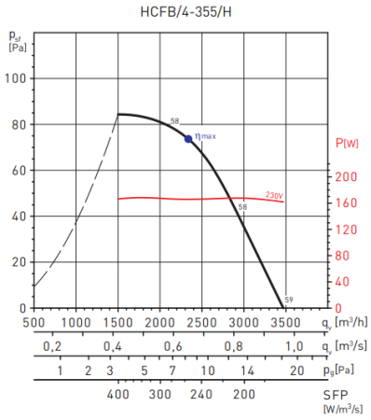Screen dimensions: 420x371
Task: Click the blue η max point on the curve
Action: point(188,139)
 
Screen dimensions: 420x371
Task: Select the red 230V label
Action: point(274,195)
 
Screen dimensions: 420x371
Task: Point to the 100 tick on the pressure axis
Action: point(16,78)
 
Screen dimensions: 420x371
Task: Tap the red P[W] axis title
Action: point(347,143)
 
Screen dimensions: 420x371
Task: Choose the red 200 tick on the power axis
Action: point(346,177)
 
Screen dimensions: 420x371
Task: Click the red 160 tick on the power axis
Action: point(346,203)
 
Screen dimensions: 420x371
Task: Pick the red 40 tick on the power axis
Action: point(344,282)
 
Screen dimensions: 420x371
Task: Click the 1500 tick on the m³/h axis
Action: point(117,322)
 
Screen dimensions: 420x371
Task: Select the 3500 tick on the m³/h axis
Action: point(284,322)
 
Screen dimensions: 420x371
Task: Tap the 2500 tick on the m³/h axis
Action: point(201,322)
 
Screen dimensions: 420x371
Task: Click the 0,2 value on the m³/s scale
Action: point(51,346)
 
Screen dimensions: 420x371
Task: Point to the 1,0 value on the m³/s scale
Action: point(294,346)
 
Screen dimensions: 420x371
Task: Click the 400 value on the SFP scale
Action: point(118,395)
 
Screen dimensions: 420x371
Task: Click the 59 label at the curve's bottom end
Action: point(289,300)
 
